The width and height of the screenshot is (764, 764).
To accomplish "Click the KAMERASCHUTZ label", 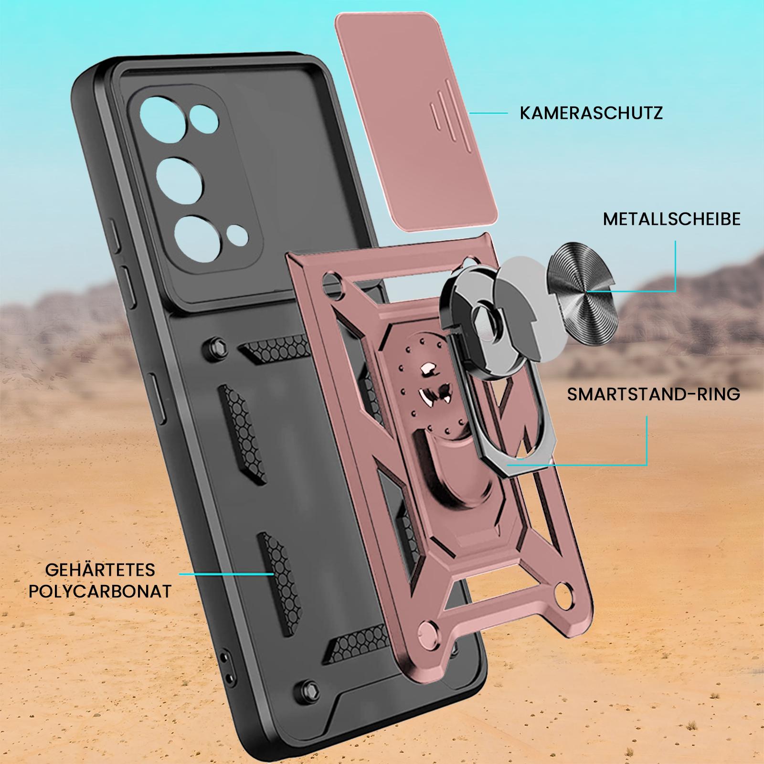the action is click(x=591, y=114).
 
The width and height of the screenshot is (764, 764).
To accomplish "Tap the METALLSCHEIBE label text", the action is click(x=672, y=219).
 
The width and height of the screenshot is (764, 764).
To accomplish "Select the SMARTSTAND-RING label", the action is click(x=654, y=394).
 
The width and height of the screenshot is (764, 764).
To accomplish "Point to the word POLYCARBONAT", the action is click(x=100, y=591).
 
